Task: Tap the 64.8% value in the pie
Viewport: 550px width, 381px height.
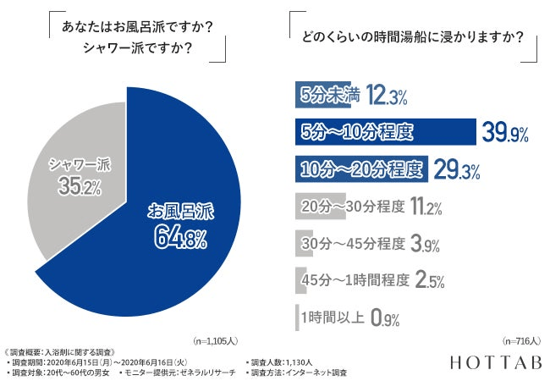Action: tap(180, 239)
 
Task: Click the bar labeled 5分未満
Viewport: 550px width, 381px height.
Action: tap(322, 96)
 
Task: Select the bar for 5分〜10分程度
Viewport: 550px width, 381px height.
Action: tap(384, 132)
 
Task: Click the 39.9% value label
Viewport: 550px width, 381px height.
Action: tap(505, 132)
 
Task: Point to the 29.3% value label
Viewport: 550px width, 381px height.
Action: tap(457, 169)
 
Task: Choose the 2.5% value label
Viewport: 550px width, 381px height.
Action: tap(430, 280)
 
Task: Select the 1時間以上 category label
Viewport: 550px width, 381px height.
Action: tap(333, 318)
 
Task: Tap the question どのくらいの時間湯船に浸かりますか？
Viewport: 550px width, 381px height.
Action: tap(412, 38)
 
